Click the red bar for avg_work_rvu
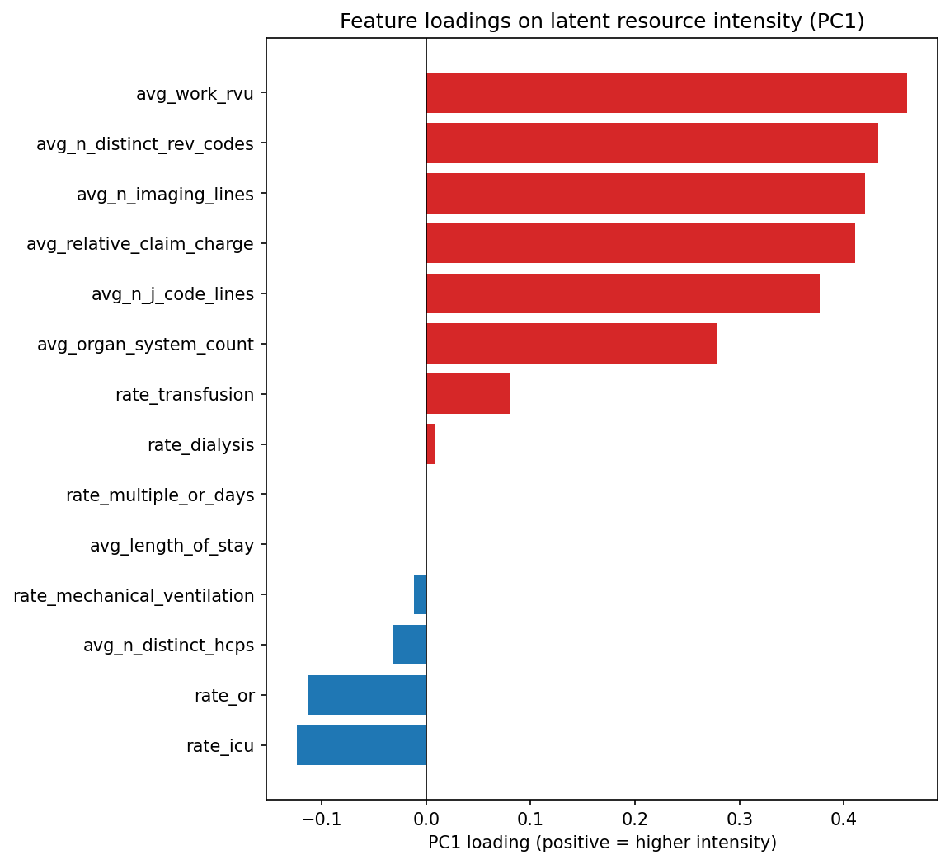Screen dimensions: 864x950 pyautogui.click(x=666, y=93)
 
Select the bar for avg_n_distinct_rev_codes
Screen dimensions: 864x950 pyautogui.click(x=651, y=143)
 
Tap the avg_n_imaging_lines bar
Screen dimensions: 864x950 pyautogui.click(x=645, y=194)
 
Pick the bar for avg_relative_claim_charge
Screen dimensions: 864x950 pyautogui.click(x=640, y=244)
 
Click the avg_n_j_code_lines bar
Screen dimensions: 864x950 pyautogui.click(x=623, y=294)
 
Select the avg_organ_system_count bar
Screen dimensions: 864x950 pyautogui.click(x=571, y=344)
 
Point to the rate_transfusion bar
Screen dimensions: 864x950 pyautogui.click(x=468, y=394)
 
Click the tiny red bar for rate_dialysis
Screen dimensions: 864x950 pyautogui.click(x=430, y=444)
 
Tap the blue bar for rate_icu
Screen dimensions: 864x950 pyautogui.click(x=361, y=745)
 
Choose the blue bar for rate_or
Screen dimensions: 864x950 pyautogui.click(x=367, y=695)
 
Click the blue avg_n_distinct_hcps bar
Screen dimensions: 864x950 pyautogui.click(x=410, y=645)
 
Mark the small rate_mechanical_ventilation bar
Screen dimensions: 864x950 pyautogui.click(x=420, y=594)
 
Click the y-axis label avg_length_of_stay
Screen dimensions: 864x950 pyautogui.click(x=172, y=545)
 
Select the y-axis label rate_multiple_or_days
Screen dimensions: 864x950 pyautogui.click(x=160, y=495)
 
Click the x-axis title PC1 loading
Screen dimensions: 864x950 pyautogui.click(x=602, y=843)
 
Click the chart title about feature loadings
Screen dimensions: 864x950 pyautogui.click(x=602, y=21)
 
